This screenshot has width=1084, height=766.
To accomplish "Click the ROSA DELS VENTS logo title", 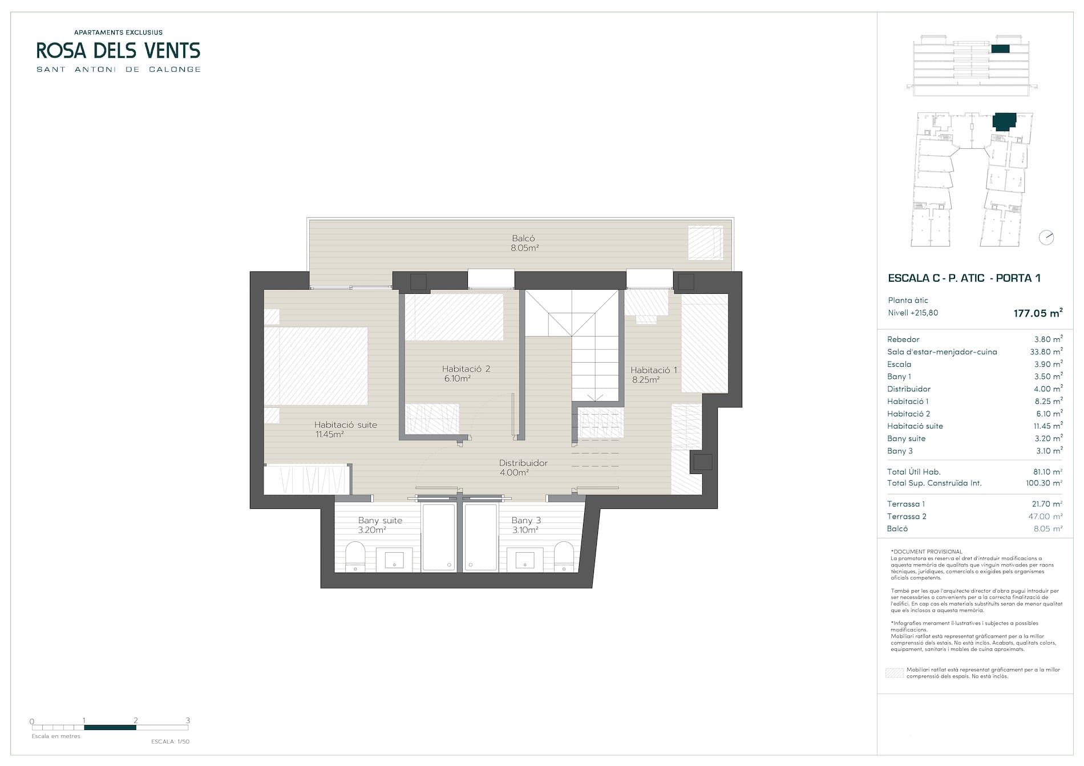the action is click(118, 51).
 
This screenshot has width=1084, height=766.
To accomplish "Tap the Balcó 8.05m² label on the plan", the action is click(524, 243).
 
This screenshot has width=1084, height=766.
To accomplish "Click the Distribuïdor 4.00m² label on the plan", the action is click(523, 468).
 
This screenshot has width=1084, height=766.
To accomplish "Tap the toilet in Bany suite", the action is click(355, 556).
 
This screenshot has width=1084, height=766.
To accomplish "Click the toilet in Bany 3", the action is click(564, 556).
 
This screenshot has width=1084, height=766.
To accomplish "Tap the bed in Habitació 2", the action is click(454, 317).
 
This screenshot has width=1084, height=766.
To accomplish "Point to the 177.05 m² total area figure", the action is click(1038, 313).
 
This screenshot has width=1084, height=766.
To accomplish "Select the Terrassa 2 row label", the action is click(907, 516).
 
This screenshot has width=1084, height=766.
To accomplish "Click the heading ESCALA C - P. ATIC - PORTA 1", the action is click(964, 278).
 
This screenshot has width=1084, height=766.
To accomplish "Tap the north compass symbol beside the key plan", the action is click(1046, 237).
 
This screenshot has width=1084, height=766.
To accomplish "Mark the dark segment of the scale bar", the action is click(110, 727).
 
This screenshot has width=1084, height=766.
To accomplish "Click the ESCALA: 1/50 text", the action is click(170, 741).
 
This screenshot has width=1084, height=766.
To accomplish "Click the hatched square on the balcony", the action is click(705, 242).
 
